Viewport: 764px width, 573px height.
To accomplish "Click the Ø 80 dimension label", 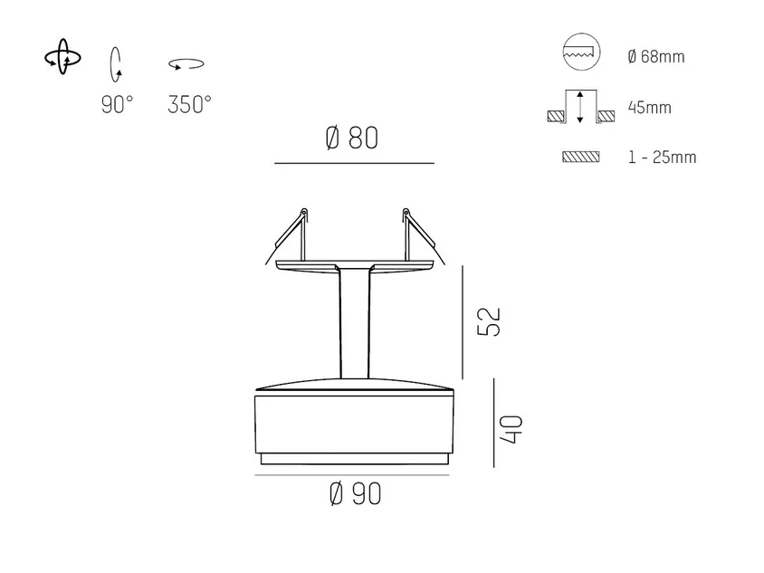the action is tap(351, 138).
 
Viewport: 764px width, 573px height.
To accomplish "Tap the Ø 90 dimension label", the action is tap(355, 493).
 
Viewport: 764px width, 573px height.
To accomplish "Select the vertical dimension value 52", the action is tap(489, 321).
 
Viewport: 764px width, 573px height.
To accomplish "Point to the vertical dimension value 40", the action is tap(511, 429).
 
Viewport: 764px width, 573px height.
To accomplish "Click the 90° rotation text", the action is tap(117, 104).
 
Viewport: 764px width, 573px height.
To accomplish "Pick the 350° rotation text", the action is tap(189, 104).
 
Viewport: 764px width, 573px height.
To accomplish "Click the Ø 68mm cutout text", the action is tap(656, 56).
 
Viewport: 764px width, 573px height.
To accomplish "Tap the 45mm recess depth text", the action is tap(650, 107).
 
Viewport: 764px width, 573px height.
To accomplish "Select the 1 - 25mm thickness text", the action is tap(663, 157).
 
